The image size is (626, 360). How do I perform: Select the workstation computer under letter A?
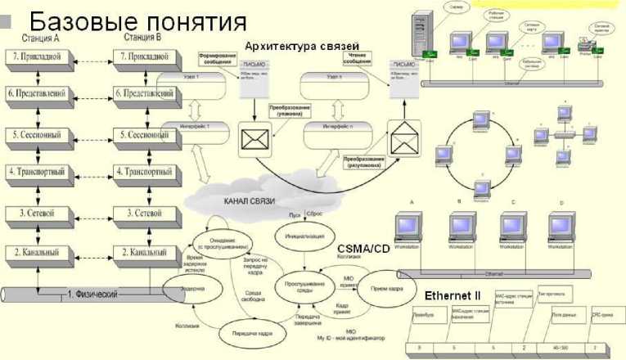pyautogui.click(x=412, y=228)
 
